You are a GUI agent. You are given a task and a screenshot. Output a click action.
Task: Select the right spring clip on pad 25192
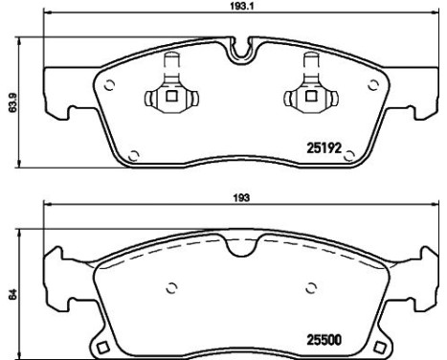click(310, 91)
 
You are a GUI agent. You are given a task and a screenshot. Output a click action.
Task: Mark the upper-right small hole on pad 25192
click(369, 83)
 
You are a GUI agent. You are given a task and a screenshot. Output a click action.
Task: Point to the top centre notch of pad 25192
click(238, 46)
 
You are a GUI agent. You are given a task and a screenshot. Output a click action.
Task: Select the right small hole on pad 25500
click(311, 285)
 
